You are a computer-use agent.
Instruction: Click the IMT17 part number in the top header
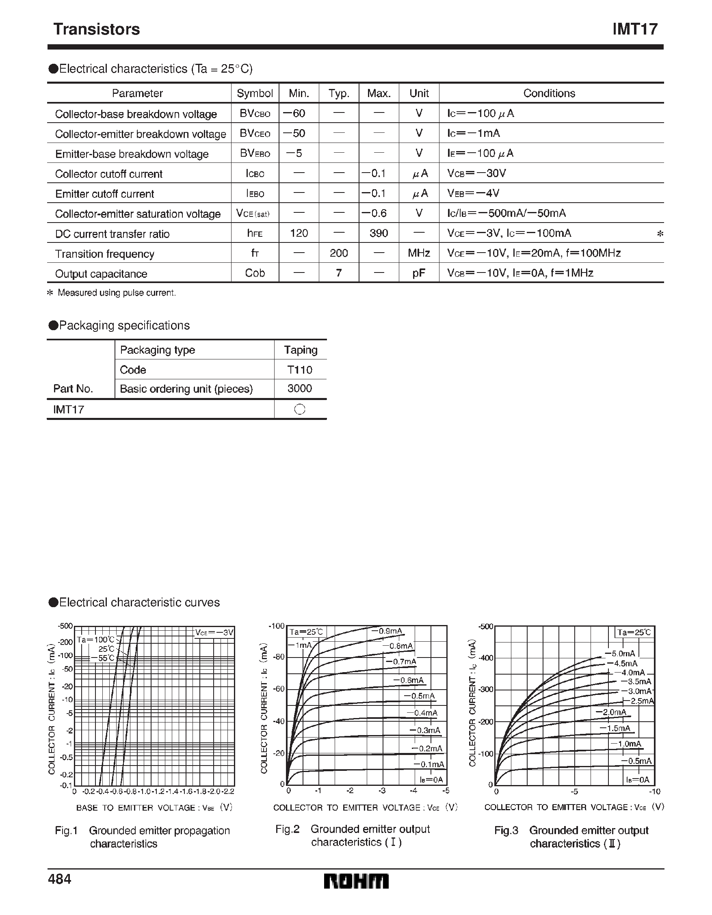(635, 29)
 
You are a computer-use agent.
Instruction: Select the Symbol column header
(255, 93)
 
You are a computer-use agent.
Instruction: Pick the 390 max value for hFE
(379, 233)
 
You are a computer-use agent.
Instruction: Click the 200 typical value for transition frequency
(339, 253)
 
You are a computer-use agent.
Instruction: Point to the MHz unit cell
(419, 253)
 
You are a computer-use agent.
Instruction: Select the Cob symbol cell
(255, 273)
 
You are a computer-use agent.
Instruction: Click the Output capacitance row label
(101, 274)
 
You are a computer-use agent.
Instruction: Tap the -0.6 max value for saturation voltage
(374, 213)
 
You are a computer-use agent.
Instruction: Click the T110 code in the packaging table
(300, 370)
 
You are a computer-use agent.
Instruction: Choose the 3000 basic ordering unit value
(300, 388)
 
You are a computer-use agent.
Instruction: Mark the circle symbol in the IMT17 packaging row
(300, 409)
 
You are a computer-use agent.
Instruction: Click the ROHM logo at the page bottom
(356, 881)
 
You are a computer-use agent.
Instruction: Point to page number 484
(60, 879)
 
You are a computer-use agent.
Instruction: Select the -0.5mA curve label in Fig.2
(420, 696)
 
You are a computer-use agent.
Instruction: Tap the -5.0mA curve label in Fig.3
(620, 653)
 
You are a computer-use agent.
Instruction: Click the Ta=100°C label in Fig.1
(95, 640)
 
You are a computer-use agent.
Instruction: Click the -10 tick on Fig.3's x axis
(655, 792)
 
